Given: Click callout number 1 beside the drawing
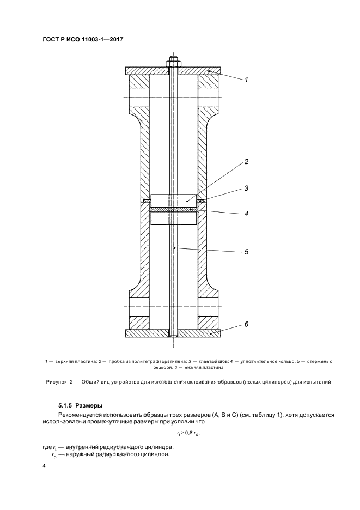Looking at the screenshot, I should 246,80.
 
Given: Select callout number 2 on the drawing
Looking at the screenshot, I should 246,162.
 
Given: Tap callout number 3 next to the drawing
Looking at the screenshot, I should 246,189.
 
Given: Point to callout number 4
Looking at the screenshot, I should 246,214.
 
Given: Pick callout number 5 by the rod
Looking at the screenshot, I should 246,252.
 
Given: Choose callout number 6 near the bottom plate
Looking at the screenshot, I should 246,324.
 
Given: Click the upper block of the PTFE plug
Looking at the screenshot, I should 173,200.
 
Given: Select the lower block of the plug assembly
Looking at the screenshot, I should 173,218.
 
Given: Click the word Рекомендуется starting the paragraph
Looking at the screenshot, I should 81,415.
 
